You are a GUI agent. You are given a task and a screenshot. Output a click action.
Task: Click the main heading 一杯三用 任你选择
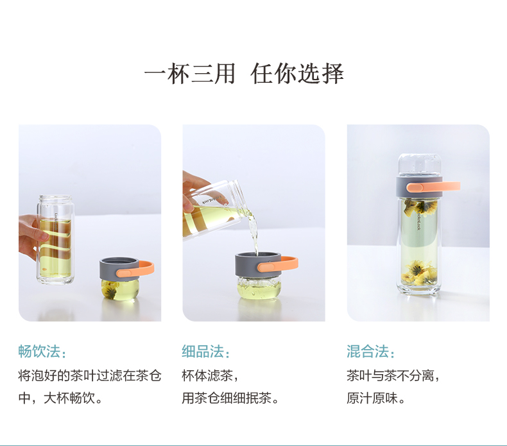(x=244, y=74)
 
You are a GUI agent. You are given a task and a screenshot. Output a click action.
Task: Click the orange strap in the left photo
(x=136, y=270)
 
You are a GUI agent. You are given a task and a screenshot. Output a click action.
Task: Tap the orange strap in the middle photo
(x=278, y=264)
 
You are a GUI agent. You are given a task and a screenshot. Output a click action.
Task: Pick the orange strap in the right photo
(x=433, y=187)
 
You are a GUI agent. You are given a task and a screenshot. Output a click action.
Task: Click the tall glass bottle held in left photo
(x=55, y=239)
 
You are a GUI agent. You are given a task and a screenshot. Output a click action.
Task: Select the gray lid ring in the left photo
(x=118, y=268)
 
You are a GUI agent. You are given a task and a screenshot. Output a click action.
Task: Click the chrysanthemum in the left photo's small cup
(x=109, y=289)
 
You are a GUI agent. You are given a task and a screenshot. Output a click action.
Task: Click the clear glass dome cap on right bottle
(x=419, y=165)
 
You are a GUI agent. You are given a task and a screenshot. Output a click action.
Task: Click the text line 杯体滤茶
(x=210, y=375)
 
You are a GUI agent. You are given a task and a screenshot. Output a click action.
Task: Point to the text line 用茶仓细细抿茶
(x=230, y=398)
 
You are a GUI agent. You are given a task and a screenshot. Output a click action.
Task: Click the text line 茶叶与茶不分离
(x=393, y=375)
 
